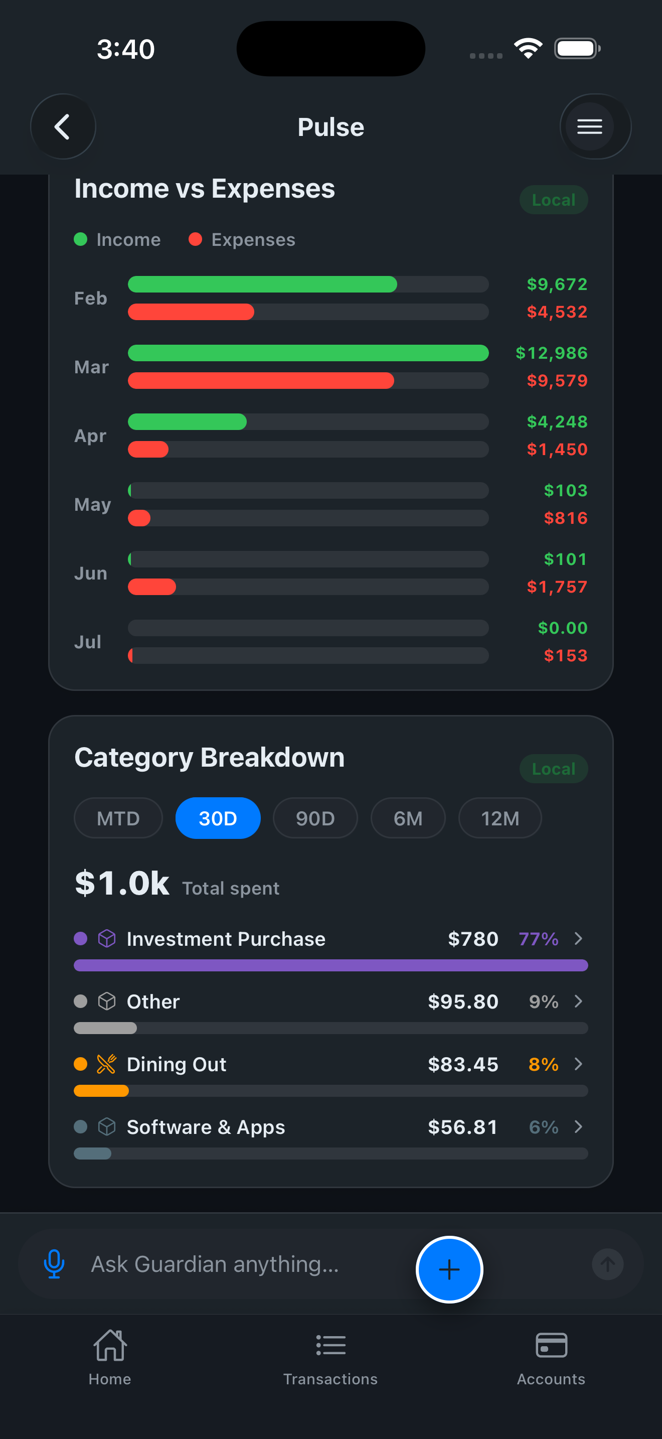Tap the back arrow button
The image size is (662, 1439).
63,127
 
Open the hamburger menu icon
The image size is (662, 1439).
589,127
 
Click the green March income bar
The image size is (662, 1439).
308,353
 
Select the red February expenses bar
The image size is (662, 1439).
191,312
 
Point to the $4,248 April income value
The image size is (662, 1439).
557,422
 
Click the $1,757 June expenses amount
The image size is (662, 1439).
557,587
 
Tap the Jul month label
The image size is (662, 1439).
88,642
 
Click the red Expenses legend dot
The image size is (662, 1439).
195,239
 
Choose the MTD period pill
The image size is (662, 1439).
118,818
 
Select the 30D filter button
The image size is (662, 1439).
218,818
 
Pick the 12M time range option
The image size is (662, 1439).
500,818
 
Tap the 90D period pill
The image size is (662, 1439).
315,818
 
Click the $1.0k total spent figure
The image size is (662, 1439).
122,883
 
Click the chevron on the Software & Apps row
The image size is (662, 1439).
578,1127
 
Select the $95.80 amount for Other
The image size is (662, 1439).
463,1001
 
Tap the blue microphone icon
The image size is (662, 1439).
54,1264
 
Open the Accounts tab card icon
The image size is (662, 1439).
551,1345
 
